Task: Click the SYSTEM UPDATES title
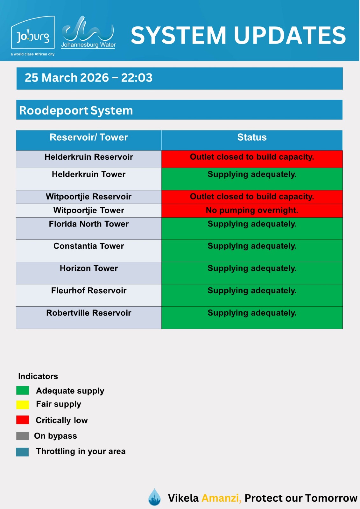point(238,35)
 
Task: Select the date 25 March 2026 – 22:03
point(88,78)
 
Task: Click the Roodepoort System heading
point(76,110)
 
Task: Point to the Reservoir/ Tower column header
point(89,137)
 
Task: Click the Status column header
point(252,137)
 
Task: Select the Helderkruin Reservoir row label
point(89,157)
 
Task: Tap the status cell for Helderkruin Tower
point(252,178)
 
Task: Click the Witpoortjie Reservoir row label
point(89,197)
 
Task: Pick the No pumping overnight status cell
point(252,210)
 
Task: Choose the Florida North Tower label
point(89,224)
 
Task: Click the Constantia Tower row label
point(89,246)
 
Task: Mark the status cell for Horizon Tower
point(252,273)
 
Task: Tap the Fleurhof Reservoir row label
point(89,291)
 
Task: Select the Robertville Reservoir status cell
point(252,317)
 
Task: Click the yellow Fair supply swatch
point(23,405)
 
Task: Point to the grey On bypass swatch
point(23,436)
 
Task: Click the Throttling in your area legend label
point(81,451)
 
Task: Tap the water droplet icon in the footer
point(155,497)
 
